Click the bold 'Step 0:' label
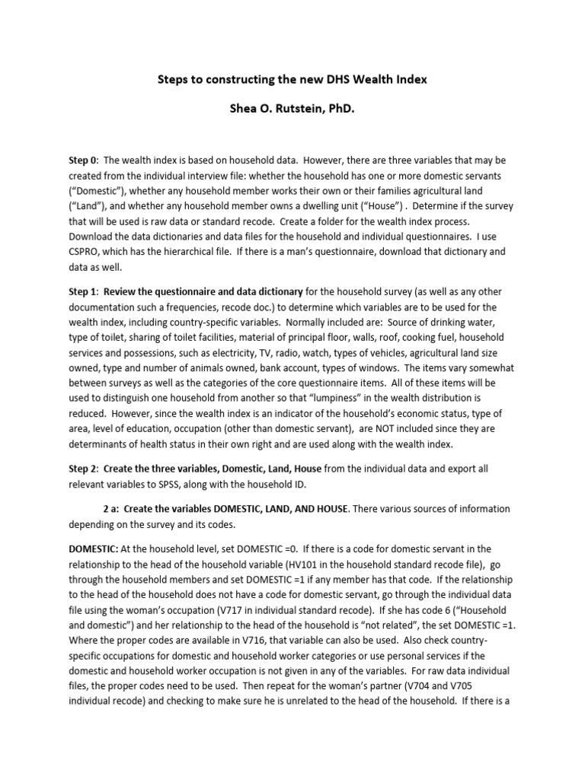pos(84,161)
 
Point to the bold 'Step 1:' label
pos(84,292)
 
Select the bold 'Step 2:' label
pos(84,469)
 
